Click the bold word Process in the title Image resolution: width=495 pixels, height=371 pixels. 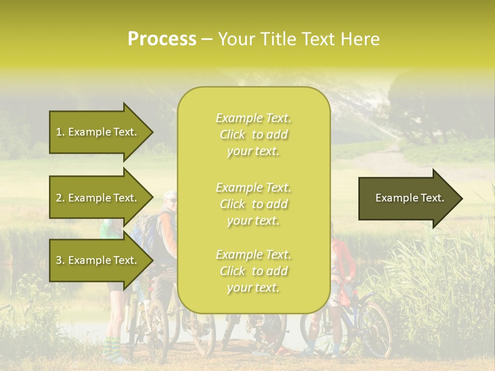click(x=162, y=39)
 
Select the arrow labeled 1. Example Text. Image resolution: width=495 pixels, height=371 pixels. click(x=96, y=132)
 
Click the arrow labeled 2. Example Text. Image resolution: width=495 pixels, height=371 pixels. click(x=96, y=198)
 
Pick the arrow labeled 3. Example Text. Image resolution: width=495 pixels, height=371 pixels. click(x=96, y=260)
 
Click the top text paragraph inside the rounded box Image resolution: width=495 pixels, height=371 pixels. click(x=253, y=134)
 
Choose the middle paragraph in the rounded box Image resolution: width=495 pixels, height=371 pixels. click(x=253, y=204)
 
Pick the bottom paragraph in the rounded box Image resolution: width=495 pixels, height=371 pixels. click(x=253, y=271)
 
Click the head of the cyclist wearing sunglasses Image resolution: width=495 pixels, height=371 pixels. click(x=170, y=200)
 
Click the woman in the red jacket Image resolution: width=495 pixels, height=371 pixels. click(x=342, y=263)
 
